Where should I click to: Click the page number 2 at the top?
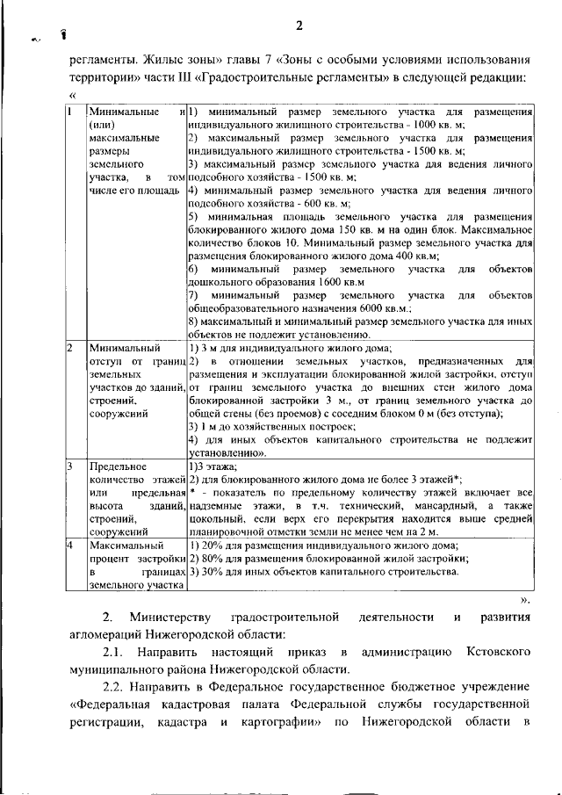[298, 26]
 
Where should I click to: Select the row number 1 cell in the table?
[70, 112]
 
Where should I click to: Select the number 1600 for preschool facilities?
[309, 283]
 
